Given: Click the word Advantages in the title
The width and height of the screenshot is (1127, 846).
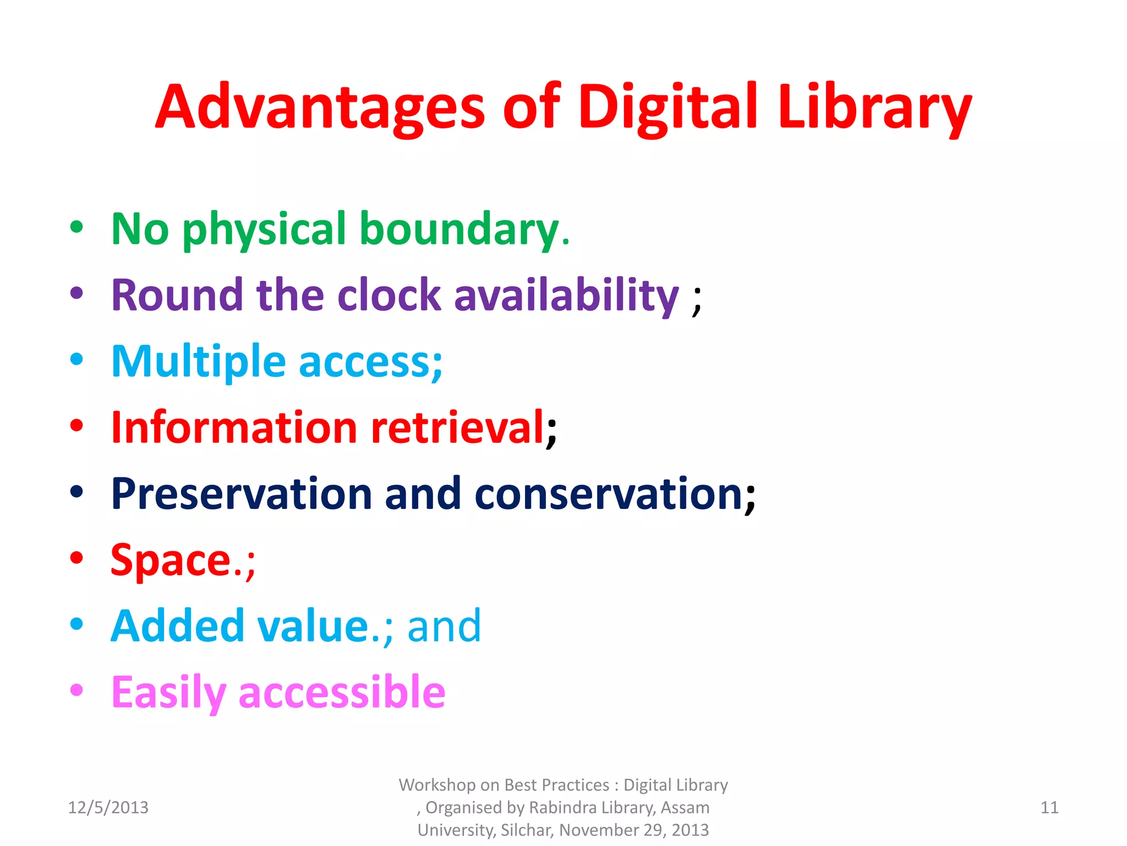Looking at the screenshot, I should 320,107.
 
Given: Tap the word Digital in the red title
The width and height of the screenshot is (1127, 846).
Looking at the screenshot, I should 669,107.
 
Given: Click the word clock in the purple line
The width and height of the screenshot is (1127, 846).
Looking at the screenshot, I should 389,295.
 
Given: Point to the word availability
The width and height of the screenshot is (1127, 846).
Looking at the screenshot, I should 566,295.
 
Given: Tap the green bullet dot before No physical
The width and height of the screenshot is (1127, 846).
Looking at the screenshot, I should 76,226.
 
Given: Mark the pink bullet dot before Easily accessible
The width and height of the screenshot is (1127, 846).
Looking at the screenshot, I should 76,690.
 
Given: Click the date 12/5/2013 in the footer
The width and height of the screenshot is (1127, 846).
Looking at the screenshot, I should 108,807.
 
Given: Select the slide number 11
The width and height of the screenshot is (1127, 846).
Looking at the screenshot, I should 1049,807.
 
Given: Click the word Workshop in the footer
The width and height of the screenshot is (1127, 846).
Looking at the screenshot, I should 437,785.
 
